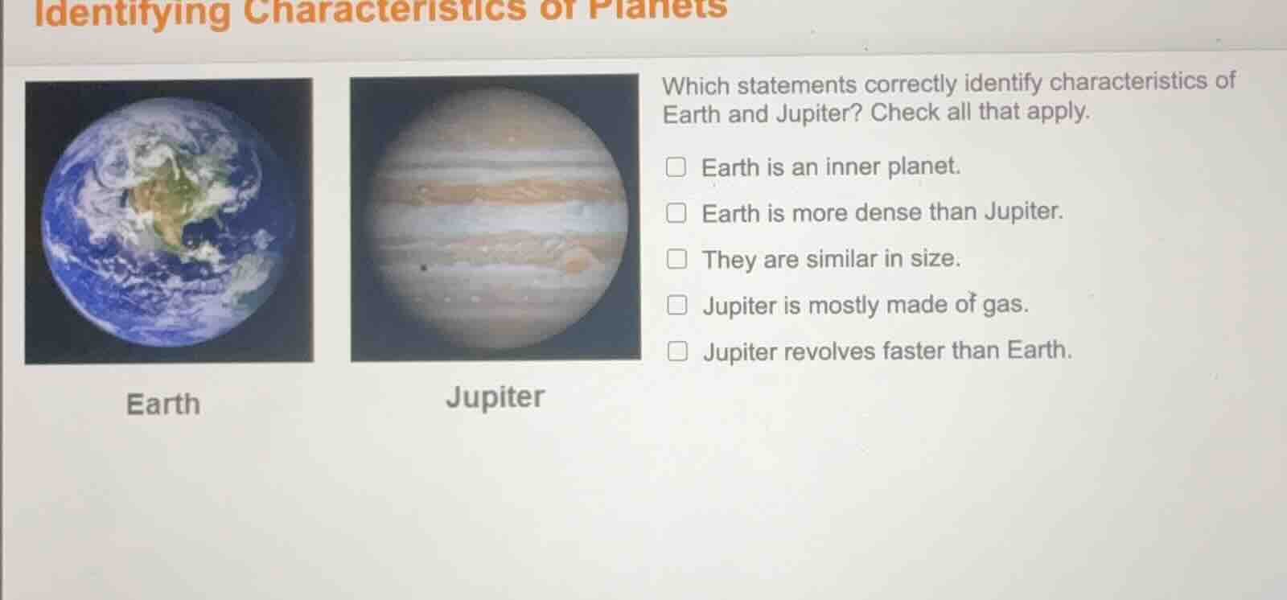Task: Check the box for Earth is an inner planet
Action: click(x=676, y=166)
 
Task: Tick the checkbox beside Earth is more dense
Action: click(x=676, y=212)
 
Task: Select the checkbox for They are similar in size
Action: click(x=677, y=258)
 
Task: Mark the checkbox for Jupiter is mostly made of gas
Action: click(x=677, y=305)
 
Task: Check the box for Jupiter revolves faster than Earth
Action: click(x=678, y=351)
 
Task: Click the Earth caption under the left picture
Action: click(x=163, y=404)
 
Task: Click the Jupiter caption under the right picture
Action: click(x=495, y=397)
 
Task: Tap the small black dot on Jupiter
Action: click(x=424, y=268)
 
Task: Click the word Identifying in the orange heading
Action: click(x=133, y=12)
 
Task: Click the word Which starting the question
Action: click(x=696, y=85)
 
